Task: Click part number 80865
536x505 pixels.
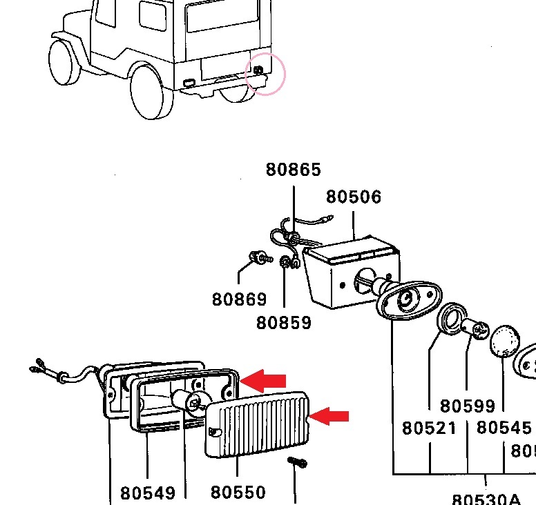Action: [294, 170]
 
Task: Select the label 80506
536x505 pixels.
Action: [354, 197]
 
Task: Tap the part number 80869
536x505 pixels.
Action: [239, 299]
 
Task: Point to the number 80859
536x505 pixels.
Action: [284, 322]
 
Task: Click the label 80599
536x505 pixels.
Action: [468, 406]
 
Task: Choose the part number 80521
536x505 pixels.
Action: [430, 428]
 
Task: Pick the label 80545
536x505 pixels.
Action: [504, 428]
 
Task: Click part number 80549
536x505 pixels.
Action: [148, 493]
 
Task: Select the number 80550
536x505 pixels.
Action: [238, 493]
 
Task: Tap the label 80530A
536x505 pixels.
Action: [486, 499]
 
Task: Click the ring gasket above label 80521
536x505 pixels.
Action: [453, 319]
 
